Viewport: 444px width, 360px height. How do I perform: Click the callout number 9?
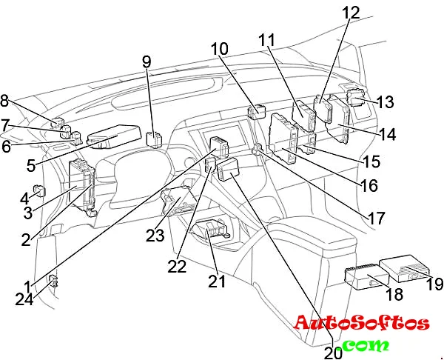[146, 61]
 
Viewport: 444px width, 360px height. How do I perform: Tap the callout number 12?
[351, 13]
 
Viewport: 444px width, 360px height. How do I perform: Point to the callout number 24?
[24, 299]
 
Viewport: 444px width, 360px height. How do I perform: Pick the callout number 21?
[215, 282]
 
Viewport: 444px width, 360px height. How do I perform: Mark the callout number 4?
[24, 198]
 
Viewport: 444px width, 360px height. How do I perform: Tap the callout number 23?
[154, 236]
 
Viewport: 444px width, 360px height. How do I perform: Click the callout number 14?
[387, 134]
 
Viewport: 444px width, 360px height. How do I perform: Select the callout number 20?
[334, 353]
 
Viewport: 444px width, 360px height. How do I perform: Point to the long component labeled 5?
[114, 135]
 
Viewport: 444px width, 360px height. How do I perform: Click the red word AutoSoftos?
[361, 323]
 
